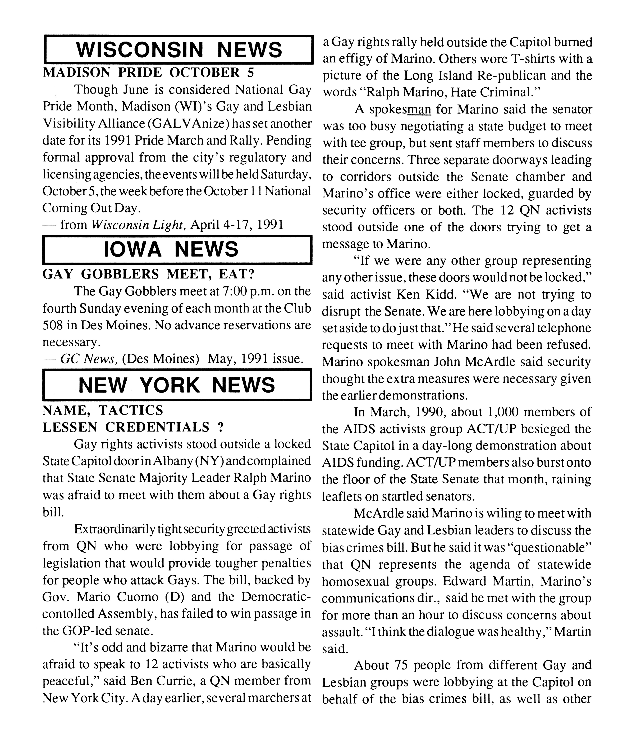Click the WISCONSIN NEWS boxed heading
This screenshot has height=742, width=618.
pyautogui.click(x=179, y=50)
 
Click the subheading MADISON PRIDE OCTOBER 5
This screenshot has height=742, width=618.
pyautogui.click(x=148, y=72)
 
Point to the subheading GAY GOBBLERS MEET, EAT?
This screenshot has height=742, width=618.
pyautogui.click(x=148, y=274)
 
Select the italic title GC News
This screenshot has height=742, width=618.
pyautogui.click(x=88, y=359)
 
